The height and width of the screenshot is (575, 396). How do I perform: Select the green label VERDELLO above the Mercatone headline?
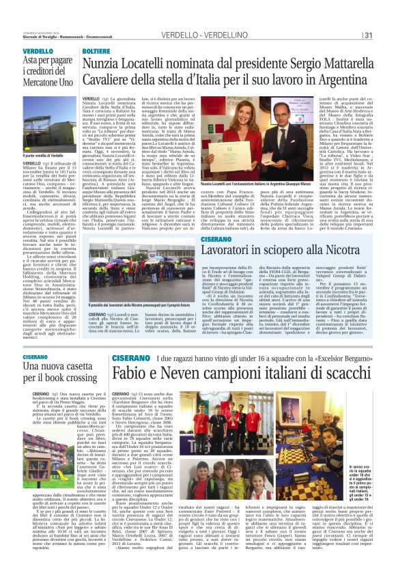pyautogui.click(x=38, y=52)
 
